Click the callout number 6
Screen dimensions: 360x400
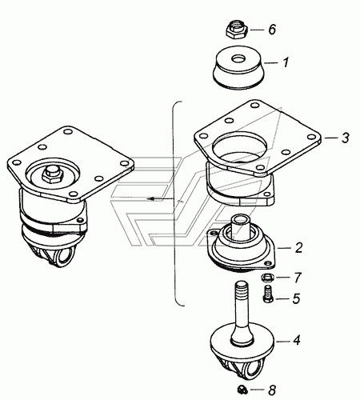tap(272, 30)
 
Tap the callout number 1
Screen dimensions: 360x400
tap(286, 62)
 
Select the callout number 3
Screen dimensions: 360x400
tap(345, 138)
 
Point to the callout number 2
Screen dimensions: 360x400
tap(298, 248)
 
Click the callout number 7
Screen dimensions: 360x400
tap(298, 278)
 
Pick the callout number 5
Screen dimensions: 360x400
tap(296, 298)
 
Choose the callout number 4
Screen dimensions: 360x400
tap(297, 341)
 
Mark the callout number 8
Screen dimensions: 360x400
tap(272, 390)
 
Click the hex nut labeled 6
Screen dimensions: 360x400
tap(237, 30)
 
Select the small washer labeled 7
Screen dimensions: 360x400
tap(267, 278)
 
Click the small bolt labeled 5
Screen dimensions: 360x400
tap(267, 294)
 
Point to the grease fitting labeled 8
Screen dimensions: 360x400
tap(242, 390)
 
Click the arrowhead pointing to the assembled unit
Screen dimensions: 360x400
tap(151, 199)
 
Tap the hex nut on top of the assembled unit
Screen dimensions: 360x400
tap(52, 176)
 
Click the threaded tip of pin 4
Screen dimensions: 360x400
tap(241, 289)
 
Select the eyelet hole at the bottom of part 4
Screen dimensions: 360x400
tap(252, 370)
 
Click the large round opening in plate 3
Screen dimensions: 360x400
tap(239, 147)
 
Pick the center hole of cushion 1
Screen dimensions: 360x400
tap(238, 58)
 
